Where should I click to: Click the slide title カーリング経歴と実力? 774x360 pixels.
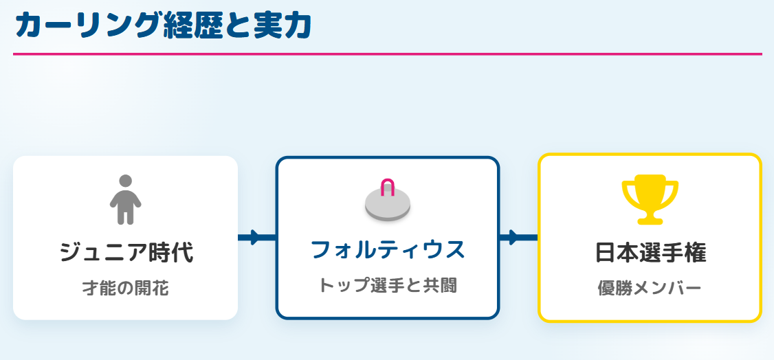pos(163,25)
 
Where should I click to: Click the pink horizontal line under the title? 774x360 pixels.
pos(387,54)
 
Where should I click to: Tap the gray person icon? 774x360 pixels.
pos(125,200)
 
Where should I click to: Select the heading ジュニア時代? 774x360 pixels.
pos(126,252)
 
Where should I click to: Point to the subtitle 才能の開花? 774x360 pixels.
pos(126,288)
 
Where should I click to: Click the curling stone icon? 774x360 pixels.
pos(388,201)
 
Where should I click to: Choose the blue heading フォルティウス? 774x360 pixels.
pos(388,249)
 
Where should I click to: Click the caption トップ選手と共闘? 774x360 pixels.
pos(388,285)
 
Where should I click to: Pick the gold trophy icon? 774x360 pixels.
pos(650,201)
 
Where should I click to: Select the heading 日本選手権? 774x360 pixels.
pos(650,252)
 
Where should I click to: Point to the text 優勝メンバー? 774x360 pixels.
pos(650,288)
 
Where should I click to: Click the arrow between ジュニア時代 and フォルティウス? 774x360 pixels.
pos(256,238)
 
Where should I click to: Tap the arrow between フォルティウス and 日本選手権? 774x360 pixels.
pos(518,238)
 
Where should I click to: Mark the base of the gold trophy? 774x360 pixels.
pos(650,221)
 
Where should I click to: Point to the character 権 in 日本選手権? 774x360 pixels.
pos(695,252)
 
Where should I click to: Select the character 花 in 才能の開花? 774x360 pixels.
pos(159,288)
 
